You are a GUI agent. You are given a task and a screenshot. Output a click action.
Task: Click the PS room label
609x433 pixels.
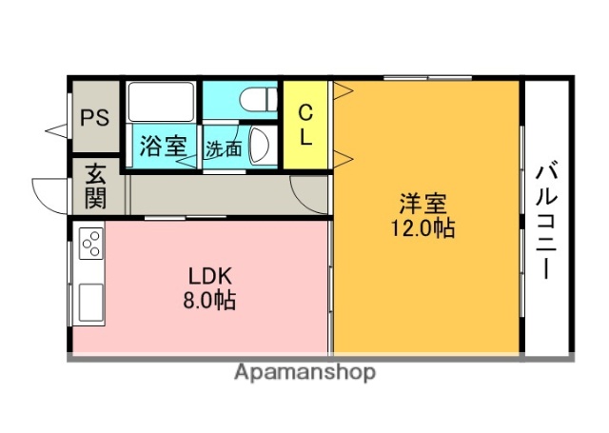[x=93, y=118]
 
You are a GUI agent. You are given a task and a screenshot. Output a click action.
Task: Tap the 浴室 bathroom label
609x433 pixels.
[x=162, y=148]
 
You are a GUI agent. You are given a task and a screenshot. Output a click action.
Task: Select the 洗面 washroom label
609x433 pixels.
[x=223, y=148]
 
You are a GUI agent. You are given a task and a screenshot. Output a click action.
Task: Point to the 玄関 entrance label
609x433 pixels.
[x=96, y=186]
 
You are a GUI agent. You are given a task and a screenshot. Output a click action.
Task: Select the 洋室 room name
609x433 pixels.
[x=423, y=204]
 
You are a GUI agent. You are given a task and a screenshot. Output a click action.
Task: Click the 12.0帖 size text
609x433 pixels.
[x=423, y=228]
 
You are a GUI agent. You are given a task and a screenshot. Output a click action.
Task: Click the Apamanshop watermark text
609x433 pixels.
[x=304, y=372]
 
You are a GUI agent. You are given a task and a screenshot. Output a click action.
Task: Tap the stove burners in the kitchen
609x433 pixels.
[x=91, y=245]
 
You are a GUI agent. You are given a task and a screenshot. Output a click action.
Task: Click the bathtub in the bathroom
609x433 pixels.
[x=161, y=102]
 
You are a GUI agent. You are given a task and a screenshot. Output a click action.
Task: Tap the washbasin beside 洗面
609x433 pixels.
[x=263, y=148]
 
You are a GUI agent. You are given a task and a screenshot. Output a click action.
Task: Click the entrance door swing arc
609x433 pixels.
[x=48, y=193]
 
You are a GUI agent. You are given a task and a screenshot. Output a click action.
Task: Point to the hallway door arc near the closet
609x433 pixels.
[x=309, y=193]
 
